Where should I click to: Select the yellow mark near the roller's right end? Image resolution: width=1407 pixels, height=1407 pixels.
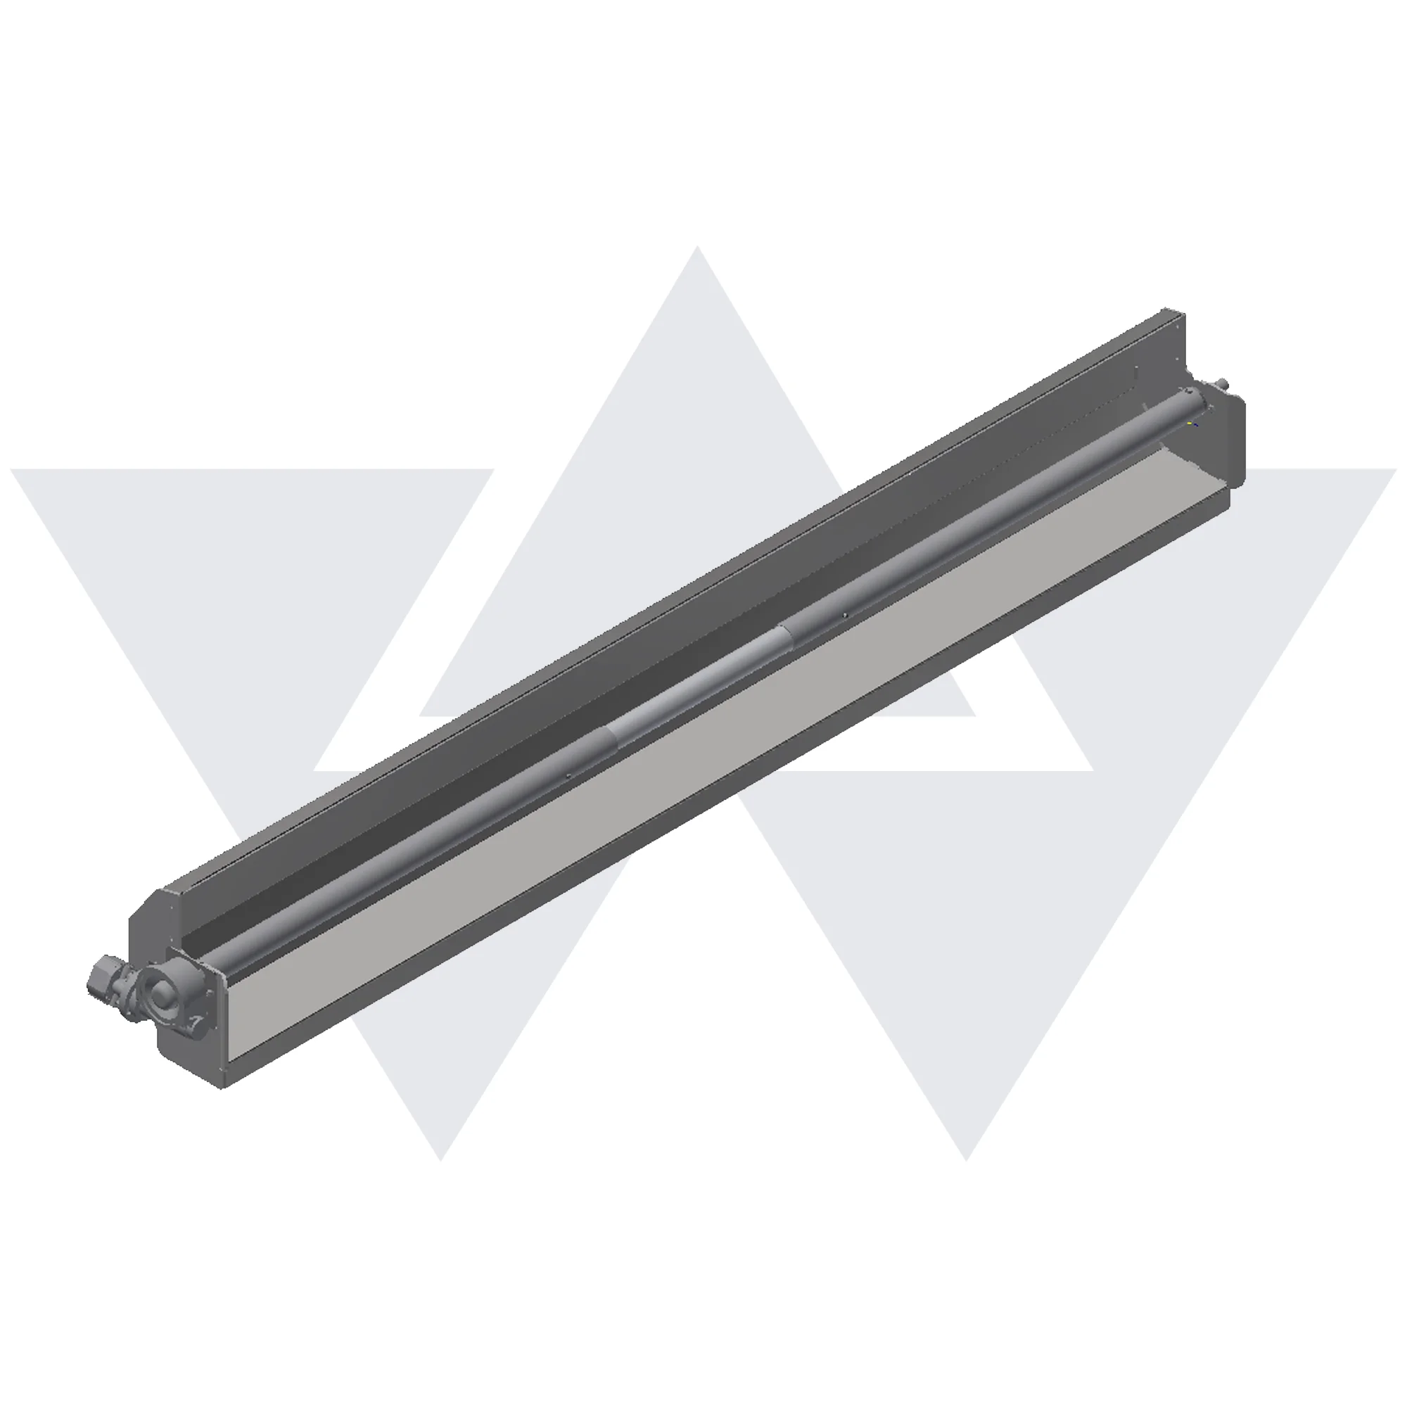pyautogui.click(x=1190, y=421)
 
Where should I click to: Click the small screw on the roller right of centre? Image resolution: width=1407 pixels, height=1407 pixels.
pyautogui.click(x=845, y=616)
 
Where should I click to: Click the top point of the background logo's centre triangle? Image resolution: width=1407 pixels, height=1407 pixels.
pyautogui.click(x=698, y=248)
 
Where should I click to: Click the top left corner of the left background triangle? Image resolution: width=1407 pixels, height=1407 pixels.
pyautogui.click(x=13, y=470)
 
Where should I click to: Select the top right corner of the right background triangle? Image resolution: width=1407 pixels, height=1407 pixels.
pyautogui.click(x=1395, y=470)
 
